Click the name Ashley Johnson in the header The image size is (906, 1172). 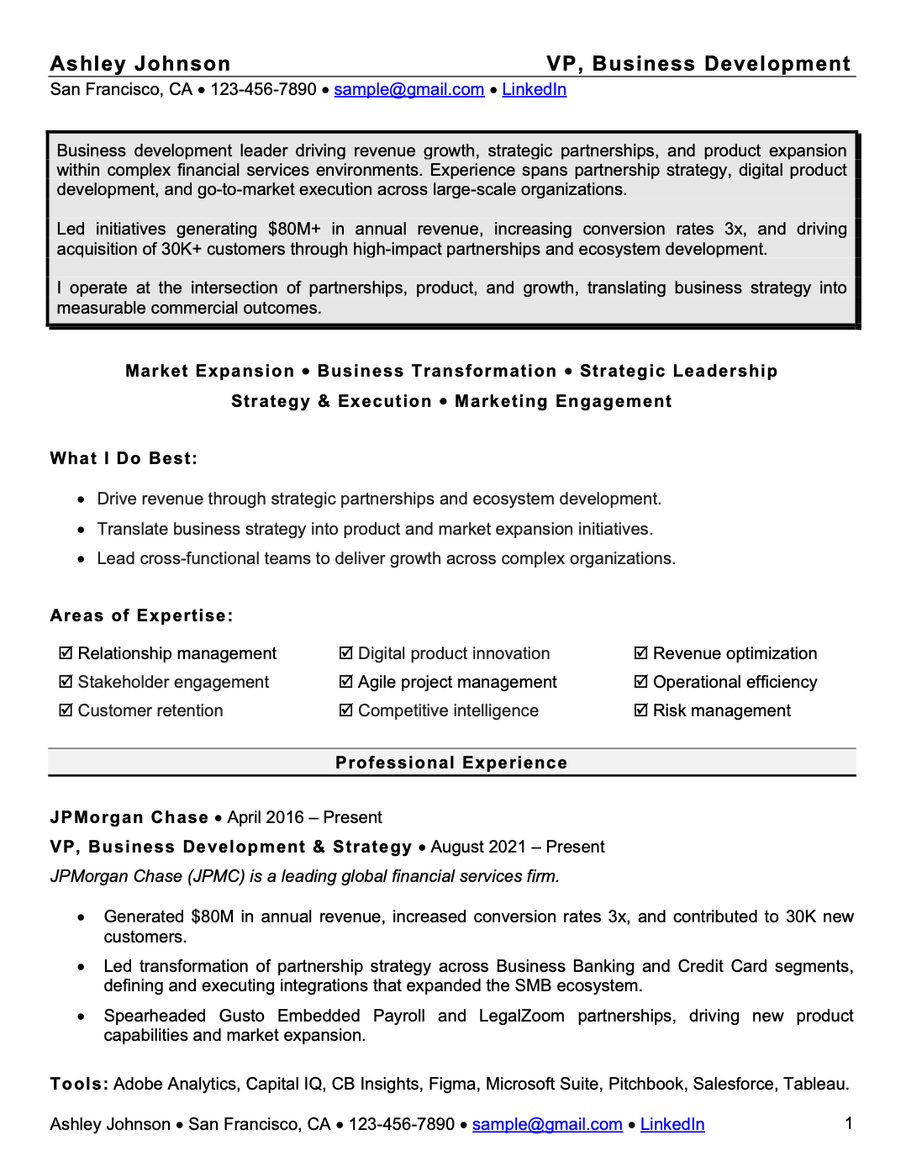click(x=140, y=64)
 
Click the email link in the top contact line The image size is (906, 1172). click(x=408, y=90)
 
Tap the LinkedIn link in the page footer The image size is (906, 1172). click(x=672, y=1125)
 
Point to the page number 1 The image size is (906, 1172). click(x=849, y=1123)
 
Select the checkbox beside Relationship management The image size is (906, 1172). click(x=66, y=653)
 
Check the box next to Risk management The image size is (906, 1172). click(x=641, y=710)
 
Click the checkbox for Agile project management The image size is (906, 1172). click(x=345, y=682)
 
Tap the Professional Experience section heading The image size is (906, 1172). click(x=451, y=763)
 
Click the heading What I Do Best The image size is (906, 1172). click(x=124, y=459)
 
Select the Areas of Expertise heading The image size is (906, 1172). click(x=141, y=616)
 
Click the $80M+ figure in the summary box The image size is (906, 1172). click(x=294, y=230)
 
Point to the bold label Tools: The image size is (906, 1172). click(x=79, y=1085)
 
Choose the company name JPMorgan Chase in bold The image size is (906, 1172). click(x=129, y=818)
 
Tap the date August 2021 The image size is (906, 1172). click(x=478, y=847)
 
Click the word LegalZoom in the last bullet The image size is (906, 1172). click(x=521, y=1016)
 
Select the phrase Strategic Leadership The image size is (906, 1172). click(x=678, y=372)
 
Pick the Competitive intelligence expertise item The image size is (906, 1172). click(x=448, y=711)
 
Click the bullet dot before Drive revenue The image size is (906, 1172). click(x=81, y=500)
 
